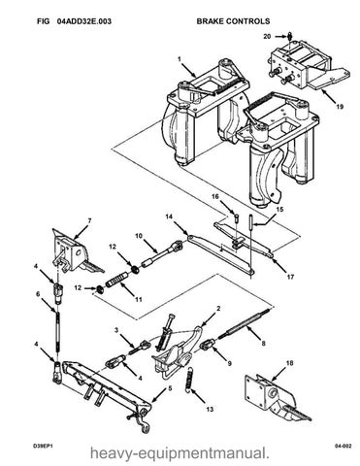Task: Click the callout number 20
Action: pos(267,36)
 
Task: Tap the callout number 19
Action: pos(340,107)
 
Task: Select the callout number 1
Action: pos(180,59)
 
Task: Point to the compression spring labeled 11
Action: pos(116,280)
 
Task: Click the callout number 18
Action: pos(289,363)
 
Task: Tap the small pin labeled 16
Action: pos(236,217)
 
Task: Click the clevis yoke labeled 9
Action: pos(207,345)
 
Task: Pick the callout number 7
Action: pos(89,221)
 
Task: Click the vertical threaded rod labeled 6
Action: pos(58,331)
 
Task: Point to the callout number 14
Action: pos(170,216)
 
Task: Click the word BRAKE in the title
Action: pos(211,21)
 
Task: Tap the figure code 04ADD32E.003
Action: pos(84,21)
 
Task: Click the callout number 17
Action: pos(290,277)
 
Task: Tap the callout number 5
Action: pos(170,388)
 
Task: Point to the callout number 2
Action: pos(218,309)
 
